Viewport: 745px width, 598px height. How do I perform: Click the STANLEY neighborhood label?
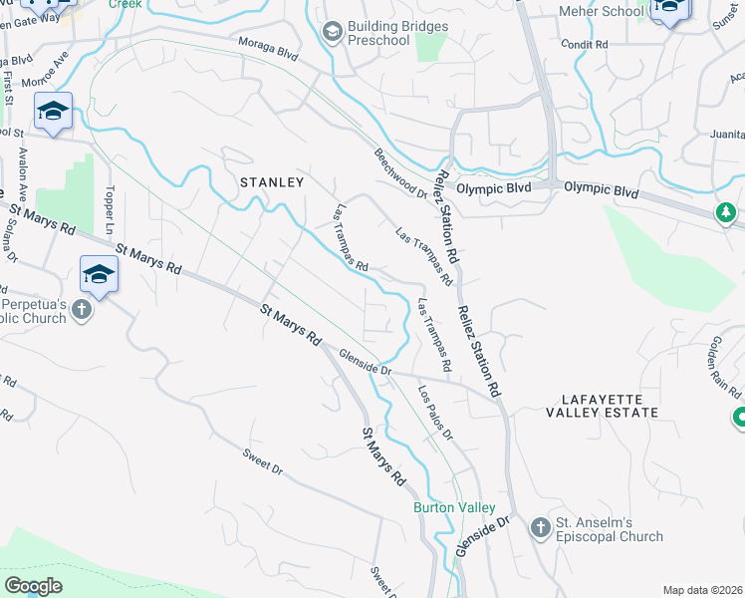click(271, 182)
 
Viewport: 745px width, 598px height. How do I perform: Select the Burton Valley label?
click(454, 507)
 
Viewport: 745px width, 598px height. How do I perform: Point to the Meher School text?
click(601, 11)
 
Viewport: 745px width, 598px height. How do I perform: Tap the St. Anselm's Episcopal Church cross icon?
click(540, 527)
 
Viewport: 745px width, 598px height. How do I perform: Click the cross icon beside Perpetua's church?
click(83, 310)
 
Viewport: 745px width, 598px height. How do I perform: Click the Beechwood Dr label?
click(400, 173)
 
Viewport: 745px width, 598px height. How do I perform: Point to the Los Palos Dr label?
click(435, 413)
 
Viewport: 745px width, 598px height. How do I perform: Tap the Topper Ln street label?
click(111, 204)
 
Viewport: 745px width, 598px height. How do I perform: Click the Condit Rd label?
click(584, 45)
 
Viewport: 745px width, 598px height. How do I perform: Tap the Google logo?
click(33, 586)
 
